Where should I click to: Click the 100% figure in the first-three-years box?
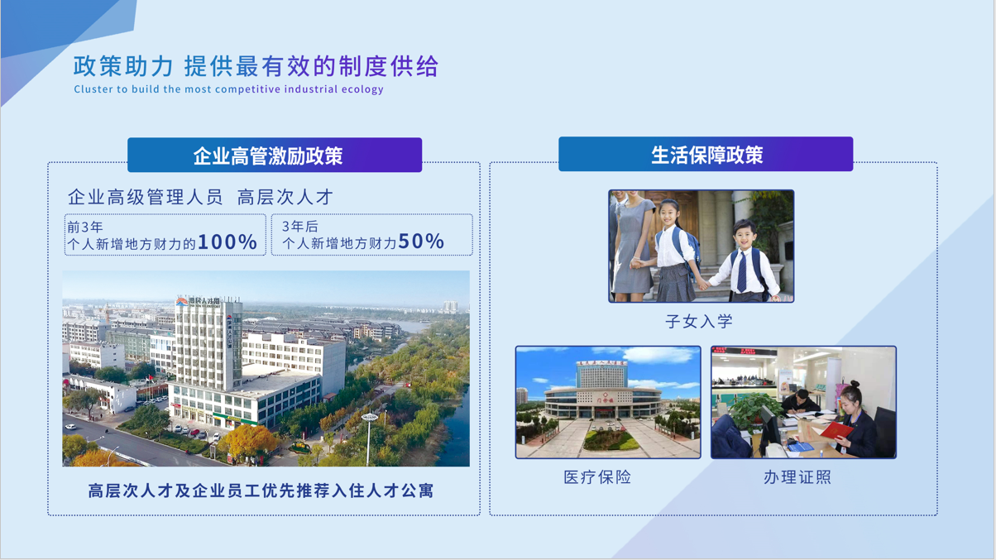click(227, 242)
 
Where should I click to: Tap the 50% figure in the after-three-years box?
click(421, 242)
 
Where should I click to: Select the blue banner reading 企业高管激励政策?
click(275, 155)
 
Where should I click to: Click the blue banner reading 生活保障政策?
click(706, 154)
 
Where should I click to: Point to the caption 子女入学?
click(699, 321)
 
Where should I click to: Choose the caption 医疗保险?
click(597, 477)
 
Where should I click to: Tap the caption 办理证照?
click(797, 477)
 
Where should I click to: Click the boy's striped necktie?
click(742, 271)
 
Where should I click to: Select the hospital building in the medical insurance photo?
click(602, 390)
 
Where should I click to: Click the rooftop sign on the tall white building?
click(199, 301)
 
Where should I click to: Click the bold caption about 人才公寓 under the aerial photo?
click(261, 491)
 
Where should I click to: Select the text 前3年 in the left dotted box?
click(85, 227)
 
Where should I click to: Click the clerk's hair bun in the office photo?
click(855, 384)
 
